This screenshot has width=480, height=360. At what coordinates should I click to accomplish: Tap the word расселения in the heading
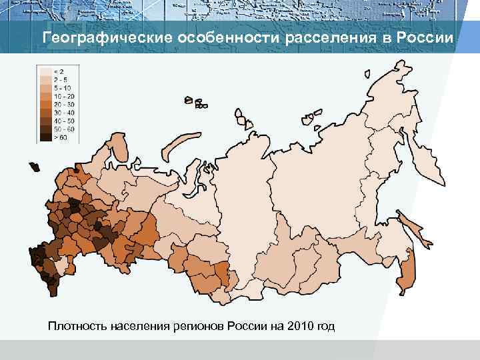click(x=327, y=37)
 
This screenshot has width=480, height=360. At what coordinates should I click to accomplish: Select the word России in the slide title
click(x=424, y=37)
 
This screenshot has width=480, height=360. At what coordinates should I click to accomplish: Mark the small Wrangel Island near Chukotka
click(x=366, y=75)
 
